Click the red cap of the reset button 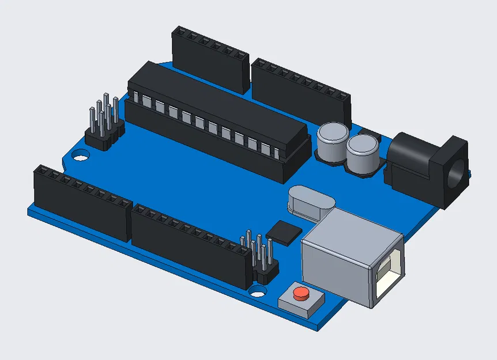click(x=300, y=294)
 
